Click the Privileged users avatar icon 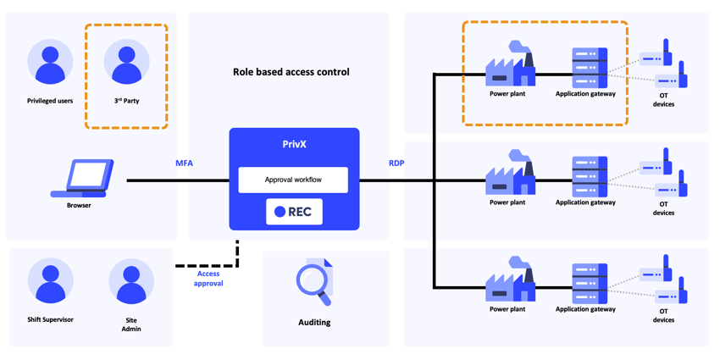[50, 62]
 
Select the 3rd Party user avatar [126, 62]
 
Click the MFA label [184, 163]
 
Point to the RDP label [396, 163]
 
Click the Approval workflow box [293, 180]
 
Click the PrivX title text [294, 145]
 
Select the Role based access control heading [291, 72]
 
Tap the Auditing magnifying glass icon [314, 282]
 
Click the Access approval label [208, 279]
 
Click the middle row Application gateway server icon [590, 176]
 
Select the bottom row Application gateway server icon [590, 283]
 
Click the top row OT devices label [663, 100]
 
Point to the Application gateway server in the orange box [590, 68]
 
